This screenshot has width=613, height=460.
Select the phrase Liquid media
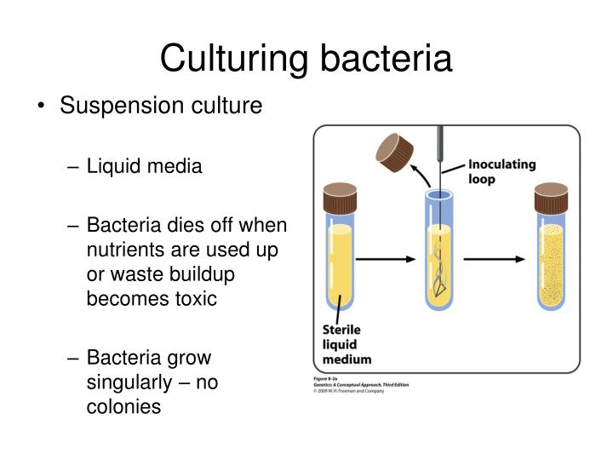145,166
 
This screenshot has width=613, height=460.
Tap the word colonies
123,406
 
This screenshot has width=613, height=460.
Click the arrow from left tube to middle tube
383,257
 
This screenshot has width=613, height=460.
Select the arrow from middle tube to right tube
493,257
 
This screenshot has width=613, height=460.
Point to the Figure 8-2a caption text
328,377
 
